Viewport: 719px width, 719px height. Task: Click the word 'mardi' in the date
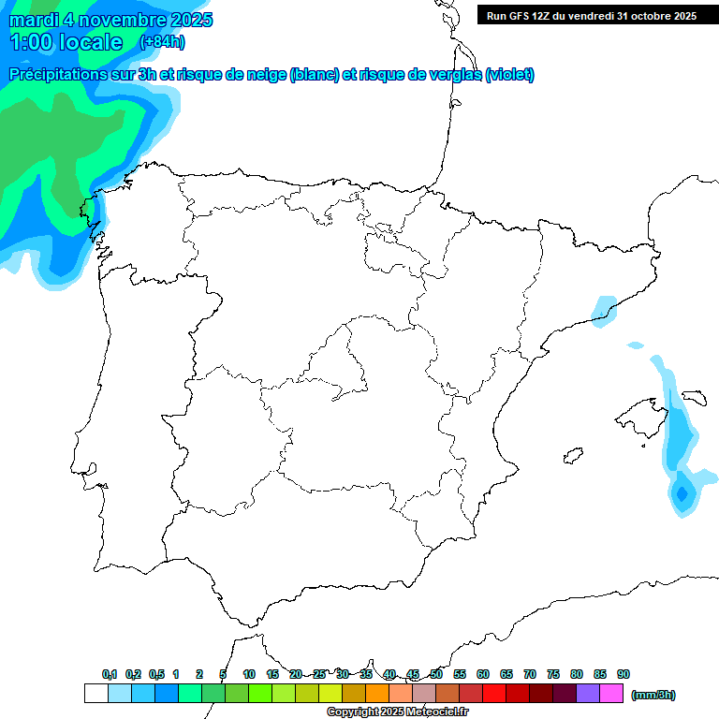click(35, 20)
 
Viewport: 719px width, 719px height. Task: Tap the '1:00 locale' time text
click(66, 42)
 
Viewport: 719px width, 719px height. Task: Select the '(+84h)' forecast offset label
click(162, 42)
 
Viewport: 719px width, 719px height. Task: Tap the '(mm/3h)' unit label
click(653, 695)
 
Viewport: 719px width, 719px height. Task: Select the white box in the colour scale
click(95, 693)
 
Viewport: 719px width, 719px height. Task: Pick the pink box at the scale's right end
click(611, 693)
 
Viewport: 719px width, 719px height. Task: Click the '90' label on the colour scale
click(624, 674)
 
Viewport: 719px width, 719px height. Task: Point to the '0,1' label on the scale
click(110, 674)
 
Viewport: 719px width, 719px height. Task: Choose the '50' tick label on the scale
click(436, 674)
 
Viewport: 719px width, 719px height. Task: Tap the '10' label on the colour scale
click(249, 674)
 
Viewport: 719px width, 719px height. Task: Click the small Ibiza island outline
click(570, 456)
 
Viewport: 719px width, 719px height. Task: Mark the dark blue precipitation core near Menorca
click(682, 492)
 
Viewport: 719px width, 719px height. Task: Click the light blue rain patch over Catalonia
click(604, 310)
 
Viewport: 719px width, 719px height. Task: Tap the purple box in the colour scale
click(588, 693)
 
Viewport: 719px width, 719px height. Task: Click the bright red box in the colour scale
click(494, 693)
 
